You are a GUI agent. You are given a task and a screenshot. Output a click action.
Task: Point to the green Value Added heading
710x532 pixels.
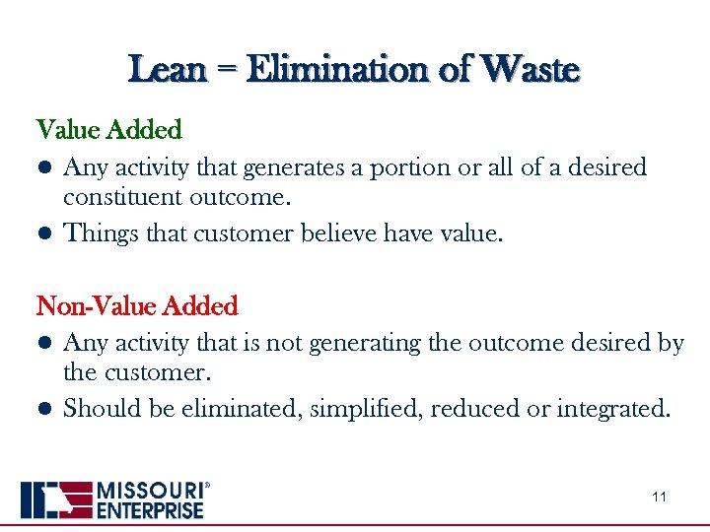[109, 130]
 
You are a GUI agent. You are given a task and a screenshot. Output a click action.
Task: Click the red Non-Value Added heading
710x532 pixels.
[137, 306]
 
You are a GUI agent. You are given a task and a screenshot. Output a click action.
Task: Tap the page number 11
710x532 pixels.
[659, 497]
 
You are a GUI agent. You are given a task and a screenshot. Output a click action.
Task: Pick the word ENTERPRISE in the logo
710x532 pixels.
[150, 509]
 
